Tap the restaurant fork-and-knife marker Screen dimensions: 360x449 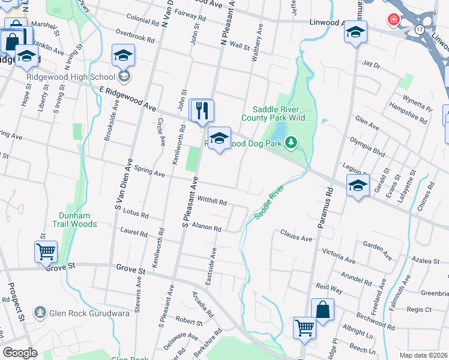pos(202,110)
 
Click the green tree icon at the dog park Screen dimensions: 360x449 pos(291,142)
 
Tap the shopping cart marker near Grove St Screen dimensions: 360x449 pos(46,252)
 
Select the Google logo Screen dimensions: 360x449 pos(20,353)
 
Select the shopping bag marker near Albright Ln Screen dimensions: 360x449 pos(322,310)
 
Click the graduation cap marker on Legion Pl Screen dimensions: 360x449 pos(358,186)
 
